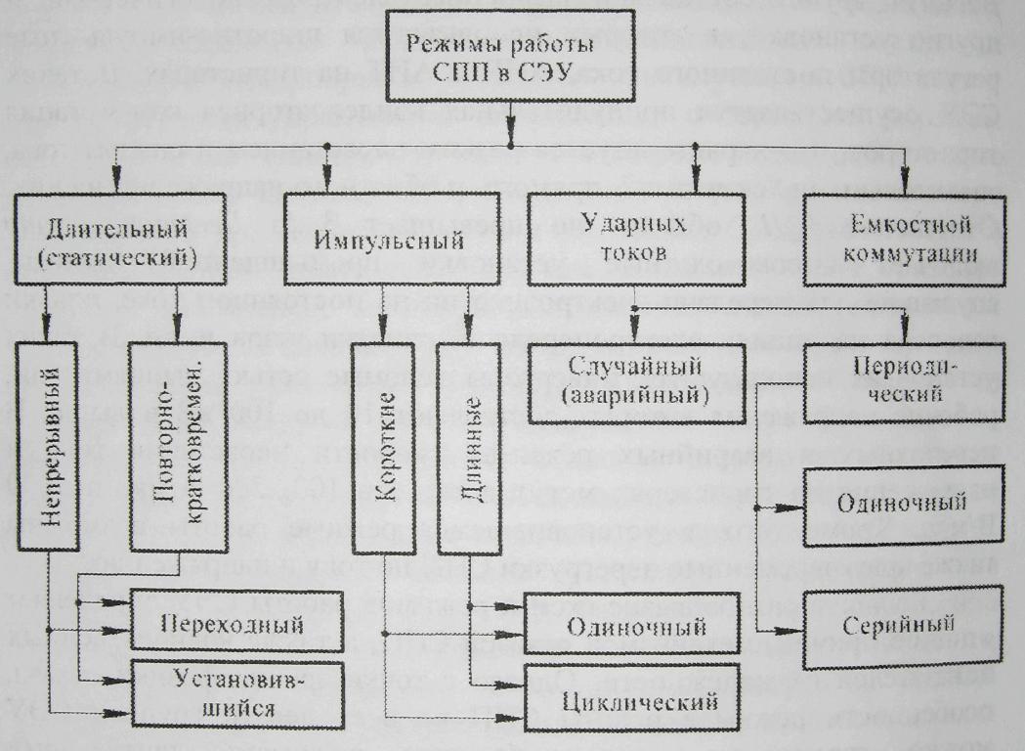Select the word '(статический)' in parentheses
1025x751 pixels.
coord(121,255)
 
